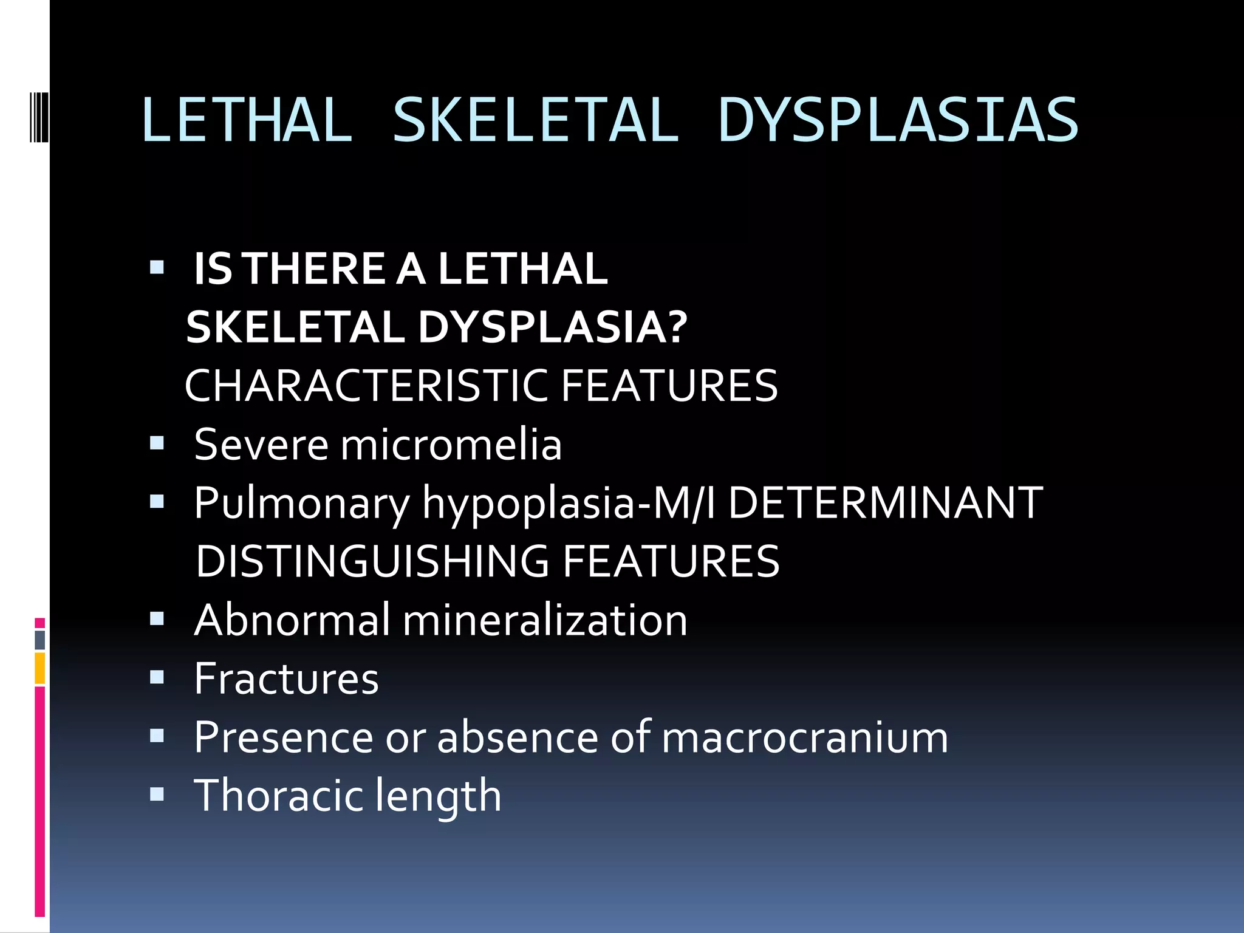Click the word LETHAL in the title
point(247,120)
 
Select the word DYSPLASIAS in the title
point(898,120)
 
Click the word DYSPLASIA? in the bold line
point(552,327)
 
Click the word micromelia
point(451,444)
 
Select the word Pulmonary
point(302,504)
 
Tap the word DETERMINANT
point(885,502)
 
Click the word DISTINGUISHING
point(372,561)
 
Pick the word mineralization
point(545,620)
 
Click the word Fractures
point(286,678)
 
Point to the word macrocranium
point(804,737)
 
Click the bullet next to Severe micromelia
point(157,444)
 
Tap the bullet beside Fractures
point(157,677)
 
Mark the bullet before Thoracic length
point(157,794)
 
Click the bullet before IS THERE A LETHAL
point(157,268)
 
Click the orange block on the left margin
point(40,668)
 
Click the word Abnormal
point(292,620)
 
